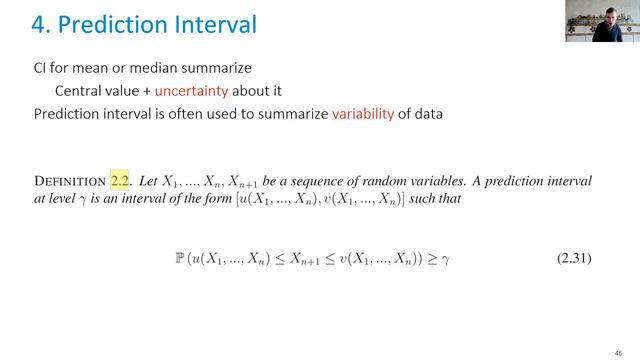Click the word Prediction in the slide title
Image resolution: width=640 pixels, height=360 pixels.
(101, 23)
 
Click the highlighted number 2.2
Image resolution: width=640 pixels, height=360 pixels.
(121, 181)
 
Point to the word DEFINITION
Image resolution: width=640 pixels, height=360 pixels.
(69, 182)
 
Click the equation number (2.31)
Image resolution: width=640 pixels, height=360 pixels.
(574, 259)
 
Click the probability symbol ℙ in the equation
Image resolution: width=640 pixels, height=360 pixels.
(180, 259)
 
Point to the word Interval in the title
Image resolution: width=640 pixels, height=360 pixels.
(211, 23)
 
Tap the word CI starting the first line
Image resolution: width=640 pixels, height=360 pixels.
(41, 67)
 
